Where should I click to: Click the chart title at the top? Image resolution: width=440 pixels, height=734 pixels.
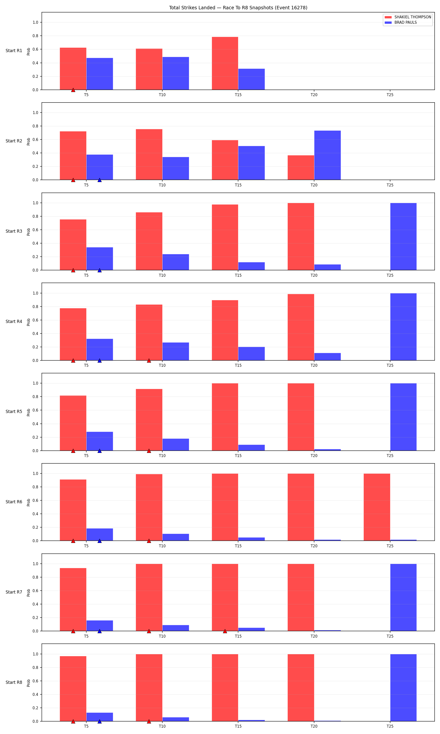(238, 8)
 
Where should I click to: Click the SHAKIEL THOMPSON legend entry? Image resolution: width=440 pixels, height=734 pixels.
(408, 17)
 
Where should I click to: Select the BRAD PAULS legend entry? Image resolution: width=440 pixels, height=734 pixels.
(401, 23)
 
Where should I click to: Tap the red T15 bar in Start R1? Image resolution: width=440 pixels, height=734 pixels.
(225, 63)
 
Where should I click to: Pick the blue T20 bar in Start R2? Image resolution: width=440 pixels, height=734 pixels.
(327, 155)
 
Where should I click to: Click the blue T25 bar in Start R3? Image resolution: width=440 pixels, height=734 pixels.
(403, 236)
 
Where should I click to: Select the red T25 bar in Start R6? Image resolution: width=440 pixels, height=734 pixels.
(377, 507)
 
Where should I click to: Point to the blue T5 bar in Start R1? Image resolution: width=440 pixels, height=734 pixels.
(100, 74)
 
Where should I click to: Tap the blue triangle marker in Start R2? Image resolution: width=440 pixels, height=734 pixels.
(100, 180)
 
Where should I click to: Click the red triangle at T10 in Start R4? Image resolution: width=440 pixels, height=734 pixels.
(149, 360)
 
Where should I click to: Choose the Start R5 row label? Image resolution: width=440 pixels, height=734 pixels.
(14, 412)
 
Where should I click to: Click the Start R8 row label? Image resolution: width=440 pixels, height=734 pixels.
(14, 682)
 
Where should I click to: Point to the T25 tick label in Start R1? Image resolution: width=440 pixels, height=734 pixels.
(390, 95)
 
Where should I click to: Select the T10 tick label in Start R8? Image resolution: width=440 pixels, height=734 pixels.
(162, 726)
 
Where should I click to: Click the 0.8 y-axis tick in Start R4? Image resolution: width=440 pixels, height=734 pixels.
(36, 307)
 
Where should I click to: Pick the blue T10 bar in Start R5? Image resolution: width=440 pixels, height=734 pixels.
(176, 444)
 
